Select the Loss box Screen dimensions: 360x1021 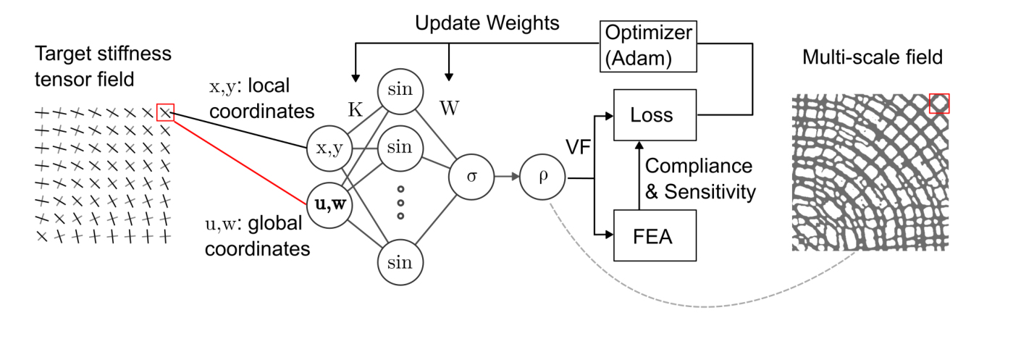tap(655, 115)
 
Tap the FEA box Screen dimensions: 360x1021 tap(655, 235)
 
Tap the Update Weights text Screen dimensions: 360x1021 tap(487, 22)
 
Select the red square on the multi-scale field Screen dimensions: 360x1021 tap(939, 104)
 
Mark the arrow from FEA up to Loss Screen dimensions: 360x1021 tap(636, 174)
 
